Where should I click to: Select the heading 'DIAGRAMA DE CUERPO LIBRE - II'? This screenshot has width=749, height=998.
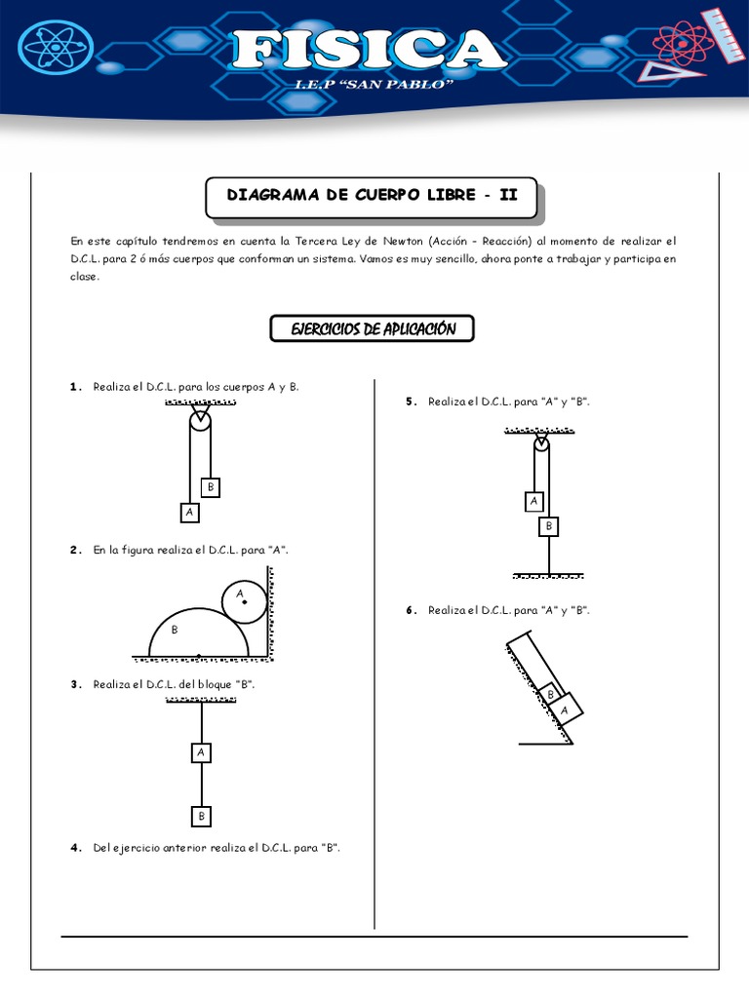372,195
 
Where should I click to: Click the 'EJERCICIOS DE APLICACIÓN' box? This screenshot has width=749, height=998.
372,329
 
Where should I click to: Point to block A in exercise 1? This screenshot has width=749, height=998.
189,512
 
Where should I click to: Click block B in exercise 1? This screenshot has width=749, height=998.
210,487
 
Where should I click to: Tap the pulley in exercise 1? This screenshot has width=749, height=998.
199,420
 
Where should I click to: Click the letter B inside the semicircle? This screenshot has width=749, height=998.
175,631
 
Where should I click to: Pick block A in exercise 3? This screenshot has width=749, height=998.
200,752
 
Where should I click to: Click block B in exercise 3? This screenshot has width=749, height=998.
201,816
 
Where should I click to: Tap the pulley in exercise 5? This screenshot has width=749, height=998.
542,445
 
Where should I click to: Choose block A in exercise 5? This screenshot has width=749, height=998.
533,502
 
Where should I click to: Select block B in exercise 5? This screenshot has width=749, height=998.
549,526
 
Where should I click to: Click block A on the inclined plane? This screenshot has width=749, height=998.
565,710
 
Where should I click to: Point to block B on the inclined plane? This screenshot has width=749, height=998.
550,694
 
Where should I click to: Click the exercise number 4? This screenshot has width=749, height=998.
75,848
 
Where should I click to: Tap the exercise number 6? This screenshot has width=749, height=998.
412,610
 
